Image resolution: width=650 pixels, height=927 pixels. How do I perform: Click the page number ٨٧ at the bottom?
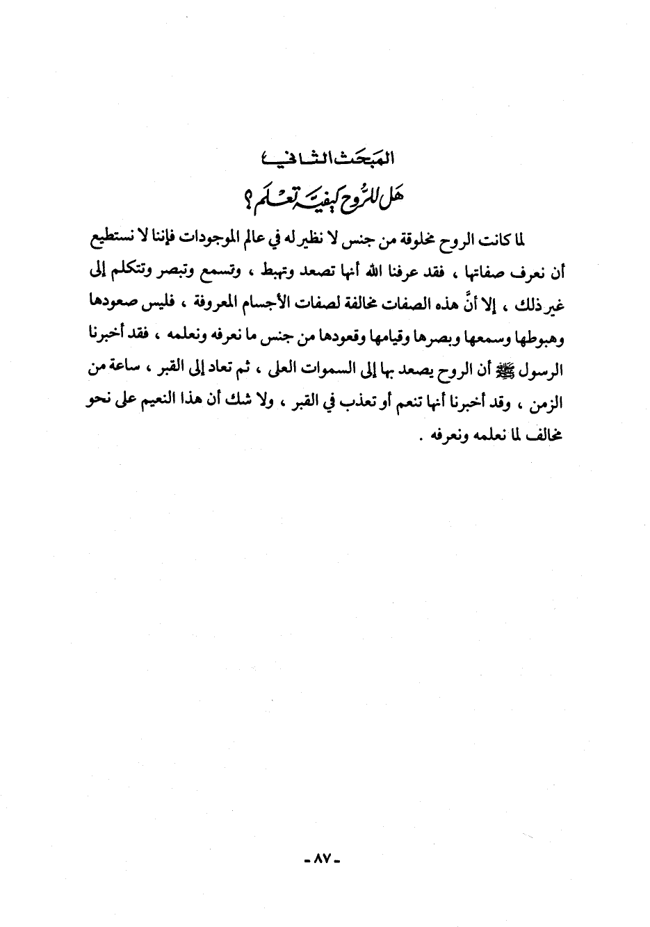(x=325, y=860)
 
